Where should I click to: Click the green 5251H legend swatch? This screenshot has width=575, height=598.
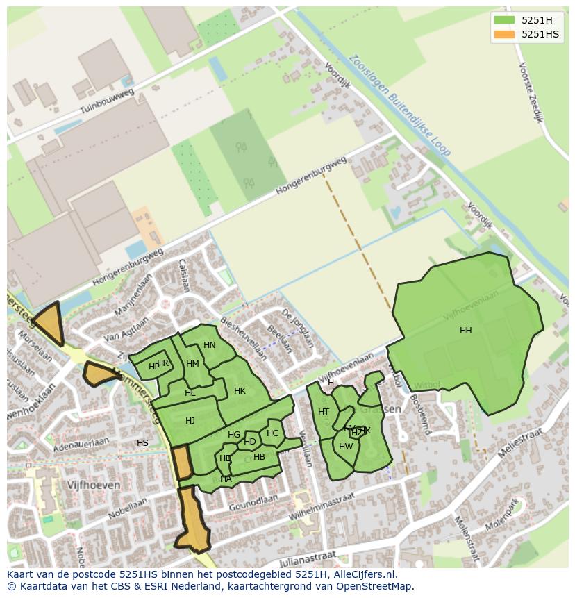(504, 19)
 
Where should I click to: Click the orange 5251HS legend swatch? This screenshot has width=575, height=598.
(504, 34)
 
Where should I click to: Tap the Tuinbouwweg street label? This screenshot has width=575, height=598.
(106, 101)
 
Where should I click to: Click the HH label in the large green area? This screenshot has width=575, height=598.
(465, 331)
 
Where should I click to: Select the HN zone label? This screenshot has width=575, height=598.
(210, 345)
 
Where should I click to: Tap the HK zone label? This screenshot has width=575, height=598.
(240, 391)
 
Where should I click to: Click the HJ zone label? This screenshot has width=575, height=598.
(190, 420)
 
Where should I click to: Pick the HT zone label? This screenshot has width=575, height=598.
(324, 412)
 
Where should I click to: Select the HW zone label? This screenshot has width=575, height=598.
(346, 447)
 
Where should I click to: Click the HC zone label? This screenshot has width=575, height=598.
(272, 433)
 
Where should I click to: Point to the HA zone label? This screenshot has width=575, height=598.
(226, 479)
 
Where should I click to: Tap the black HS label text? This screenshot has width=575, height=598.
(142, 443)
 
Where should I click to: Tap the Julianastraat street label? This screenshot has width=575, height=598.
(308, 558)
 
